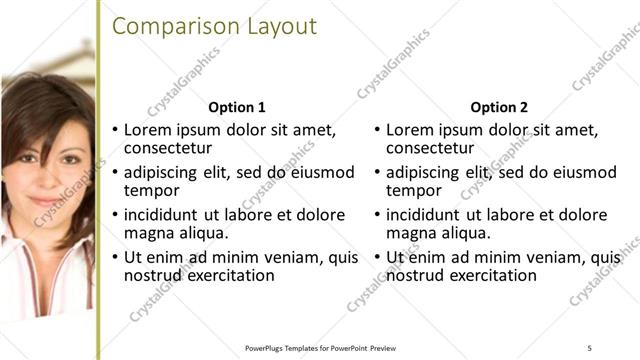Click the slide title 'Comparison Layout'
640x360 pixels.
coord(214,26)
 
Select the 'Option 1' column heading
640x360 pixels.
coord(237,107)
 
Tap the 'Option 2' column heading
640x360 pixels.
coord(498,107)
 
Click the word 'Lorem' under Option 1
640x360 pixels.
coord(148,130)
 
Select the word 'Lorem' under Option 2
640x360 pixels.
coord(410,130)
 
